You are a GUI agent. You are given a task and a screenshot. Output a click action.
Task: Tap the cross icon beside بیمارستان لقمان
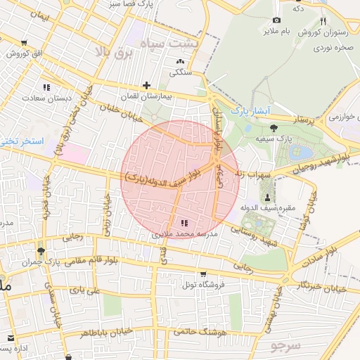tap(146, 84)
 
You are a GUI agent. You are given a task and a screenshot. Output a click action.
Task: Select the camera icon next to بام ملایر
tap(276, 20)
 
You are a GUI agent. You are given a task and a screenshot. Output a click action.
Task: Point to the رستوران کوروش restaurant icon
tap(323, 21)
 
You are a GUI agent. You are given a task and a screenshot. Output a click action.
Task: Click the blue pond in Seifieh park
tap(304, 152)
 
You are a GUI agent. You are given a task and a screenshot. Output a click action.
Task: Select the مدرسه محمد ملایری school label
tap(186, 233)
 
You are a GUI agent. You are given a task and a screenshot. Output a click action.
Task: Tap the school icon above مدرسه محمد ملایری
tap(185, 223)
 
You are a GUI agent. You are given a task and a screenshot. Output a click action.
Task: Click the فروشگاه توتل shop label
tap(203, 285)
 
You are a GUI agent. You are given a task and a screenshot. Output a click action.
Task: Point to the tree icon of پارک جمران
tap(41, 251)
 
